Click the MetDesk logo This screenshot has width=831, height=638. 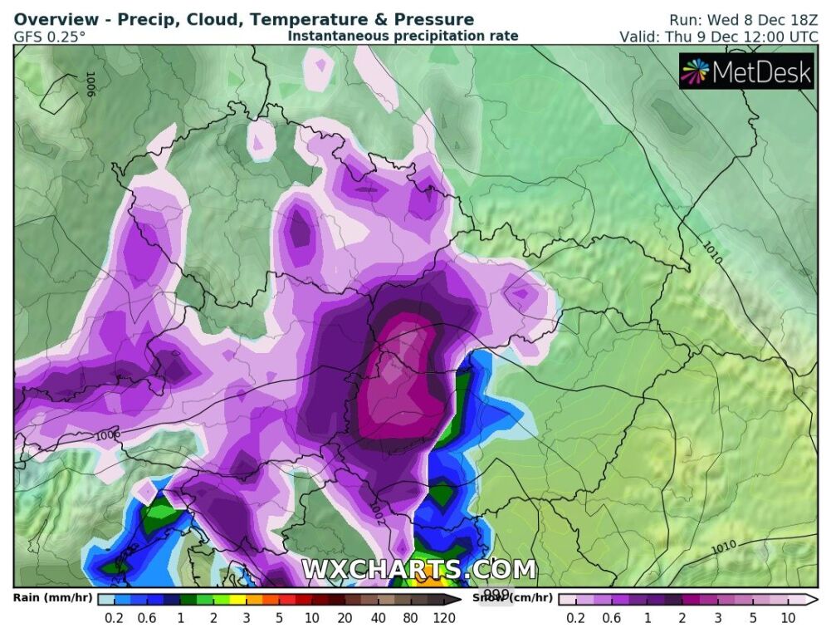[x=745, y=72]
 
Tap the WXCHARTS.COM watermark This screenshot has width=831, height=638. [x=418, y=569]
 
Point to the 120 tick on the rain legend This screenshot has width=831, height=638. [x=444, y=617]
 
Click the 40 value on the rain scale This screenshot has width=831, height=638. [x=379, y=617]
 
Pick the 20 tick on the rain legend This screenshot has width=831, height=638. [x=344, y=617]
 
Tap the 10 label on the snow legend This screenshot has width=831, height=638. [x=788, y=617]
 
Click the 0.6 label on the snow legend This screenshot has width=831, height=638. [x=612, y=617]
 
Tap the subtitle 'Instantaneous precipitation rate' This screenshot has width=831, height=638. [x=403, y=36]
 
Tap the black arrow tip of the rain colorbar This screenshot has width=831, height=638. [x=457, y=599]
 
